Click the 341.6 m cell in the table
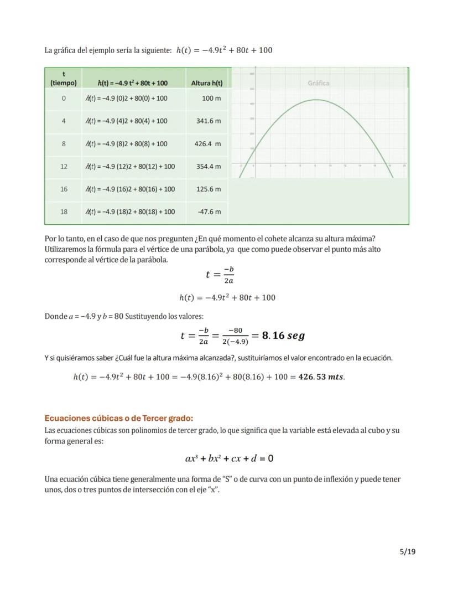pyautogui.click(x=209, y=121)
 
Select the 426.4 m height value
pyautogui.click(x=207, y=144)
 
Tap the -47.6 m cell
pyautogui.click(x=209, y=212)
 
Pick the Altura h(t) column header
pyautogui.click(x=207, y=83)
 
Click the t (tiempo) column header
pyautogui.click(x=64, y=78)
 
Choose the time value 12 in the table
pyautogui.click(x=64, y=166)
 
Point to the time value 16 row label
pyautogui.click(x=64, y=189)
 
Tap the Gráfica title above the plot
pyautogui.click(x=319, y=83)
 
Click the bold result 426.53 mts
pyautogui.click(x=321, y=377)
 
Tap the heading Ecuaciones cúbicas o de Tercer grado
pyautogui.click(x=119, y=418)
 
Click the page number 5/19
pyautogui.click(x=407, y=551)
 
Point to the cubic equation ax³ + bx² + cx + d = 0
pyautogui.click(x=229, y=458)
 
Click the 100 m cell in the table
pyautogui.click(x=211, y=98)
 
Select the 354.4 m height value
pyautogui.click(x=209, y=166)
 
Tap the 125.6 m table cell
pyautogui.click(x=209, y=189)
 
